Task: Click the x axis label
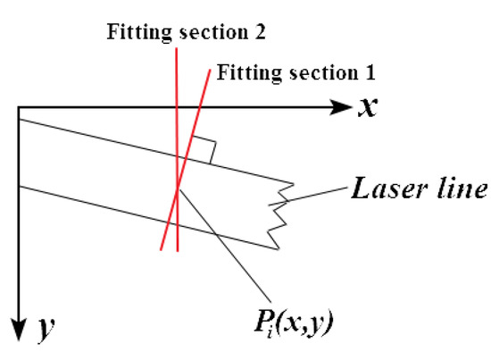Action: (x=368, y=107)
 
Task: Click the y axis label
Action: (x=41, y=331)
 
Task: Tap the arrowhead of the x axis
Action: (x=344, y=108)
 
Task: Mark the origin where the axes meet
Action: (x=17, y=108)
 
